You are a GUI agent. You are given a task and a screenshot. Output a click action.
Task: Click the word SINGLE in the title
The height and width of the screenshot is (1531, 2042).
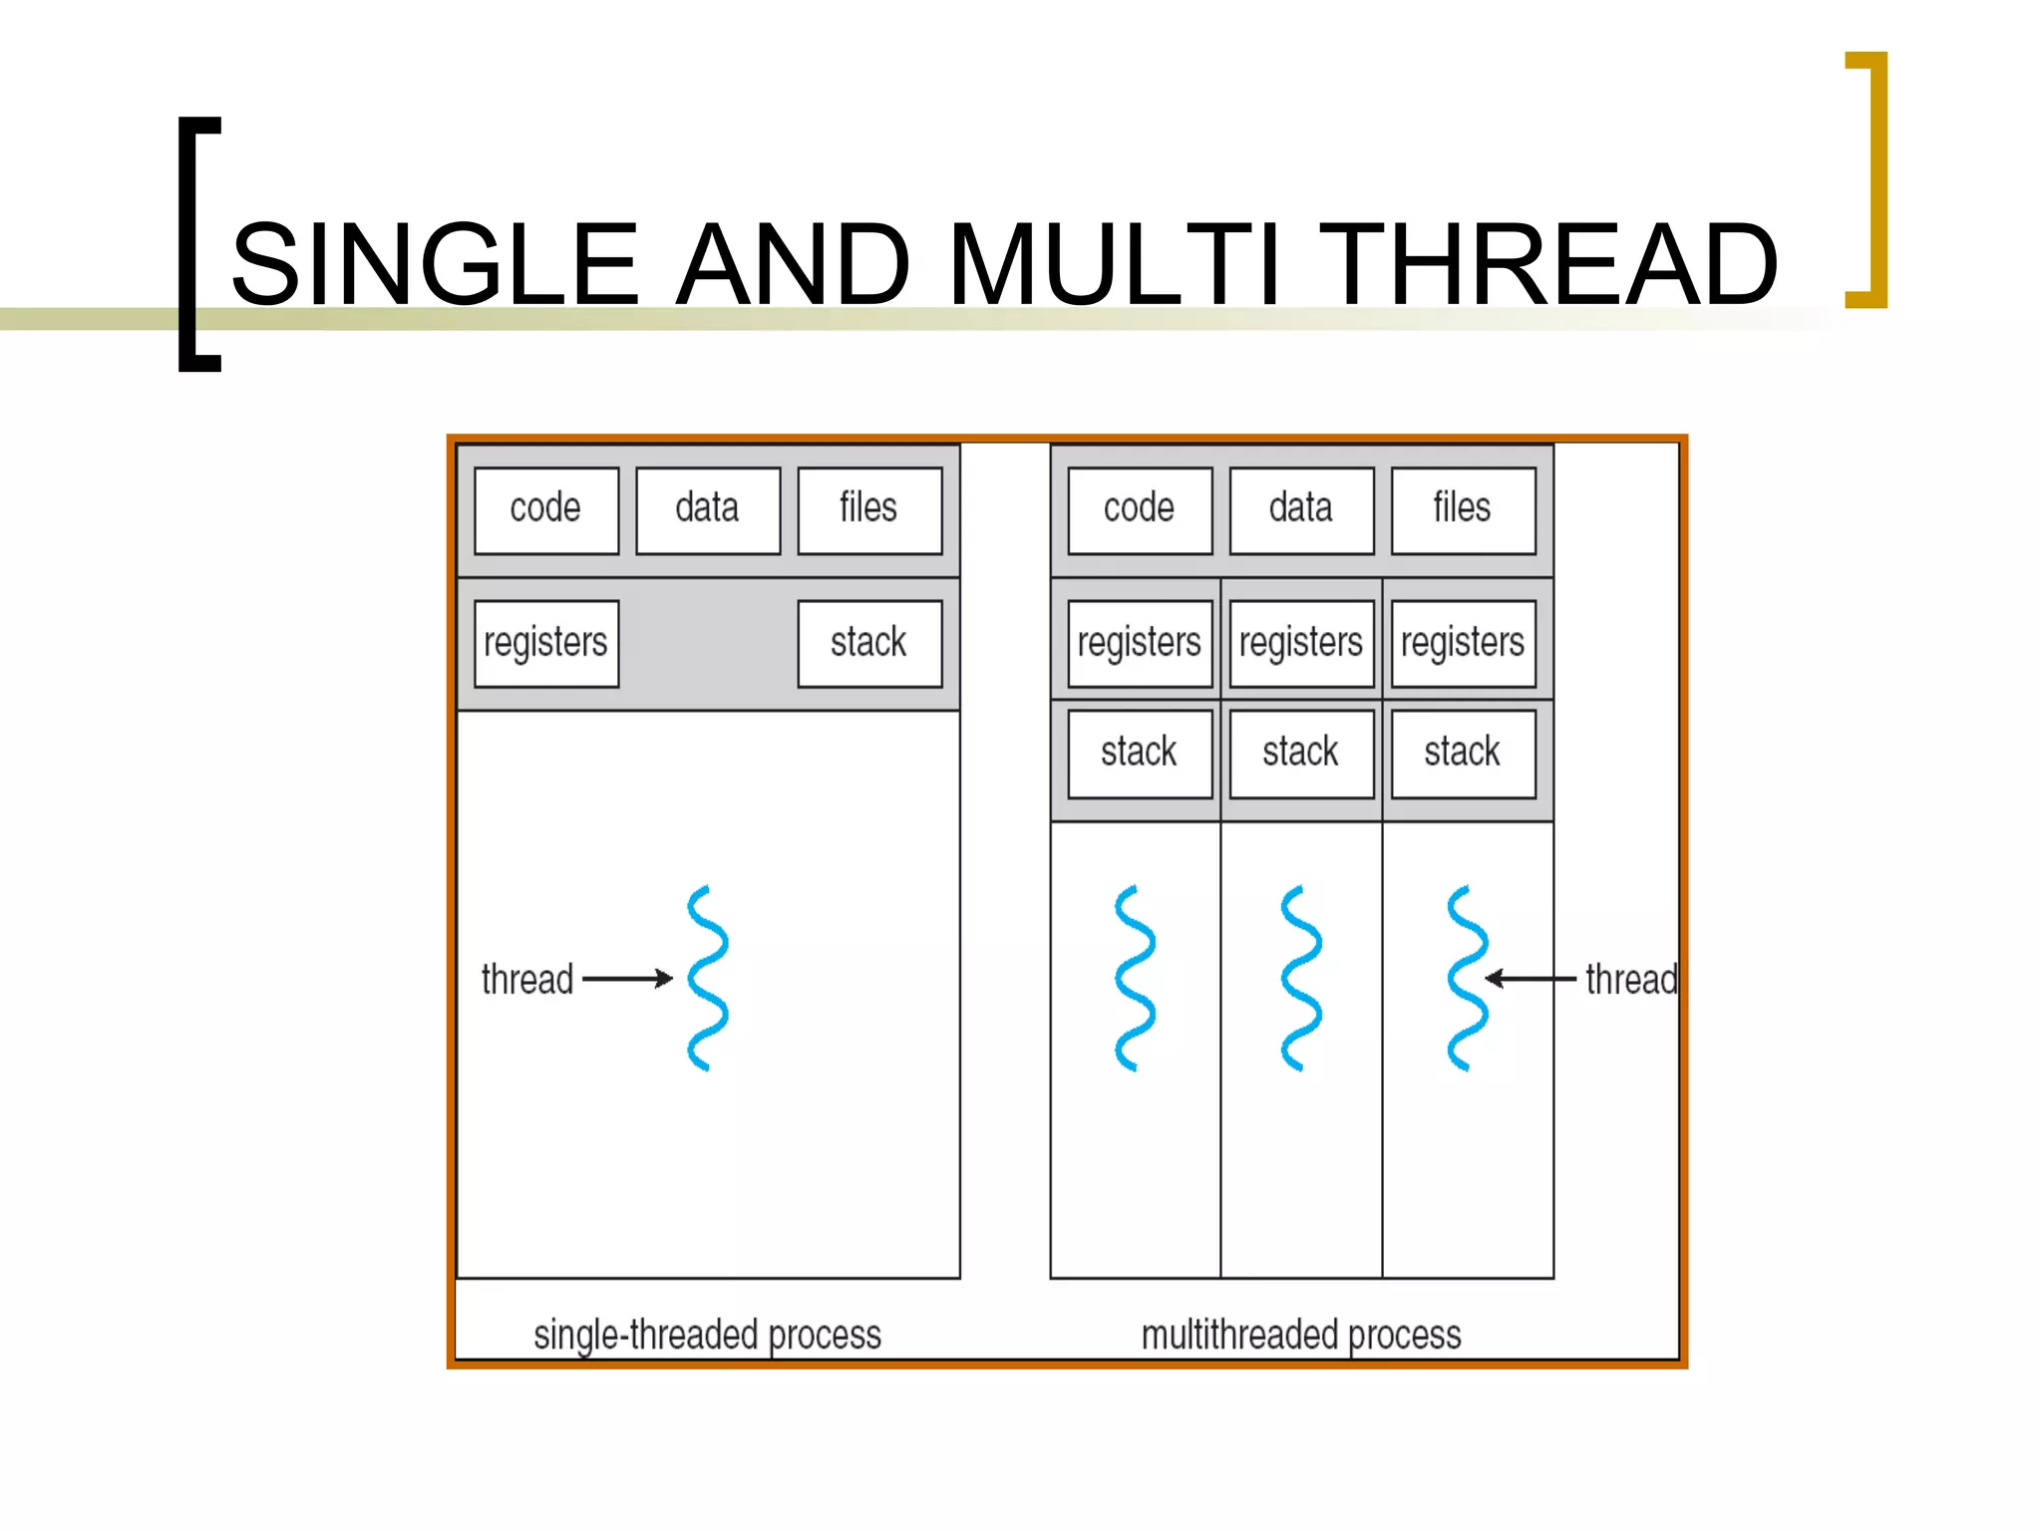(435, 264)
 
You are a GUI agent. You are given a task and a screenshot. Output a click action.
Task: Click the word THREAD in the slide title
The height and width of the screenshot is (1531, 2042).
(1553, 264)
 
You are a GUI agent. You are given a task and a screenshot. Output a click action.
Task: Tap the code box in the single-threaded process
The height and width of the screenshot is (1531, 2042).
(546, 510)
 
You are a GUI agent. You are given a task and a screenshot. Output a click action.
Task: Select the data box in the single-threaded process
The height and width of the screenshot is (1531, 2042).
(708, 510)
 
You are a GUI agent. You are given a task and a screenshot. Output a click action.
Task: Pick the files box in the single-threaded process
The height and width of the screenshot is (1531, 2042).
(869, 510)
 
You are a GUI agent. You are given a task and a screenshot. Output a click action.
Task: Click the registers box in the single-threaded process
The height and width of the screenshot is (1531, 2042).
(546, 643)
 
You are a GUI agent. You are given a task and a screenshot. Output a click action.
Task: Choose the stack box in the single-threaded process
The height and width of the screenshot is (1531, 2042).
(869, 643)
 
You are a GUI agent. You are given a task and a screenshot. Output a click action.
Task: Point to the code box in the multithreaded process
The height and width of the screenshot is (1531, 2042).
(1140, 510)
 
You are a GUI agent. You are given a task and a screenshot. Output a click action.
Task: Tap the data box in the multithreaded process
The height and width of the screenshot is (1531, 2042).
(1301, 510)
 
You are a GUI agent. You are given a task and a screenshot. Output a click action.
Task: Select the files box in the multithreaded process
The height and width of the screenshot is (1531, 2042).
(1463, 510)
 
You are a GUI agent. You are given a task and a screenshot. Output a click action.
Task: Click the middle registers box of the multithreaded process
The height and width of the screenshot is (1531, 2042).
(1301, 643)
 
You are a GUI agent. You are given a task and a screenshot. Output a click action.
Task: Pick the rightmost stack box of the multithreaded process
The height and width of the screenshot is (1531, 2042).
(1463, 754)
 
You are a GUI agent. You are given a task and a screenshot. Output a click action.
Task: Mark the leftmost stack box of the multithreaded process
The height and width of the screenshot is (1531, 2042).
(1140, 754)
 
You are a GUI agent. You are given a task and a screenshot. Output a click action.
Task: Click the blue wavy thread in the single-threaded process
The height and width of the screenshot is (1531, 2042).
(708, 978)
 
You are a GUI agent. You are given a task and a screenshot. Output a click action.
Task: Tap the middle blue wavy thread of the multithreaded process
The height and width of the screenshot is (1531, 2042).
(1301, 978)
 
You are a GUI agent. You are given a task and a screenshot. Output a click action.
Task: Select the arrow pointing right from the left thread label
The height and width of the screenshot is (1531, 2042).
(628, 979)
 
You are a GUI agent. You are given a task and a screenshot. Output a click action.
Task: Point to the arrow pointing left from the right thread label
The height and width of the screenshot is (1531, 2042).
(1531, 979)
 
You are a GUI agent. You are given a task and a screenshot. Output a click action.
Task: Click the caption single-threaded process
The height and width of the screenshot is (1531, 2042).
(707, 1335)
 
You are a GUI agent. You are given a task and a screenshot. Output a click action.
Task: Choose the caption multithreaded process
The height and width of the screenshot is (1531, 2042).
(1301, 1335)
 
